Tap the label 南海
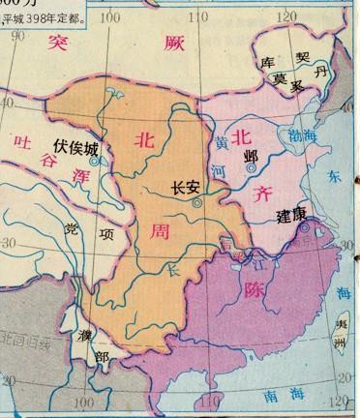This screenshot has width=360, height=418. (275, 394)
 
